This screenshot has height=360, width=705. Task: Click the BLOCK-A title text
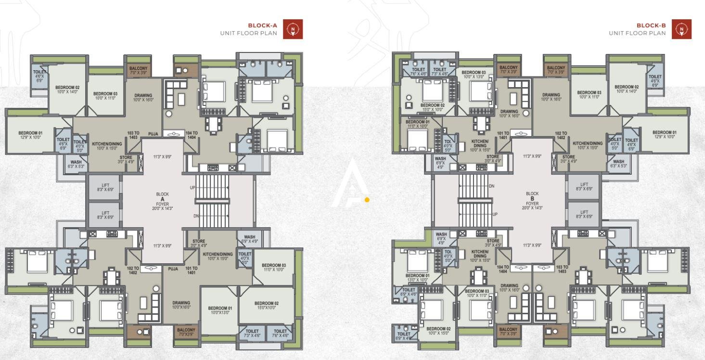(262, 26)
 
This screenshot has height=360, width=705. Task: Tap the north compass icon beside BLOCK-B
(681, 29)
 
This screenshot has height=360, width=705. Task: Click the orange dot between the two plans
(367, 200)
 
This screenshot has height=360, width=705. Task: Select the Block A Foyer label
(162, 201)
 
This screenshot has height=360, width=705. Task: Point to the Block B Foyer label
(532, 201)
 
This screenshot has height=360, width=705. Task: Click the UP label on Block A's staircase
(192, 187)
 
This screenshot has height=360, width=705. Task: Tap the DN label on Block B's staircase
(491, 186)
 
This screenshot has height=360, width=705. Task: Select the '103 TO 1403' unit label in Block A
(133, 135)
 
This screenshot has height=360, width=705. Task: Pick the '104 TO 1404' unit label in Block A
(192, 135)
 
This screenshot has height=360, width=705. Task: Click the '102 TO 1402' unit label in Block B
(561, 136)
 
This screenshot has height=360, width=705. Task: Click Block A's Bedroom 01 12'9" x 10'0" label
(30, 135)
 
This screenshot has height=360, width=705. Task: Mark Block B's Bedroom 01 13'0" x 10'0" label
(417, 277)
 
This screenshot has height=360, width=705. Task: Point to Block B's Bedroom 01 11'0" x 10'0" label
(417, 124)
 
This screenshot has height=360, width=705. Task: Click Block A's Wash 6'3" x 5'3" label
(76, 165)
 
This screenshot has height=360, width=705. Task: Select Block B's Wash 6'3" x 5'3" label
(618, 164)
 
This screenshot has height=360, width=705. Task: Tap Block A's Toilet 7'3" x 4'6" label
(252, 333)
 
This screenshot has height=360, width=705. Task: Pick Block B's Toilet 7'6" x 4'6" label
(418, 72)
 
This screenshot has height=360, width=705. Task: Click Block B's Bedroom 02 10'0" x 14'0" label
(627, 89)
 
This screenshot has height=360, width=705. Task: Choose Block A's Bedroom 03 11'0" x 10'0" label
(274, 268)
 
